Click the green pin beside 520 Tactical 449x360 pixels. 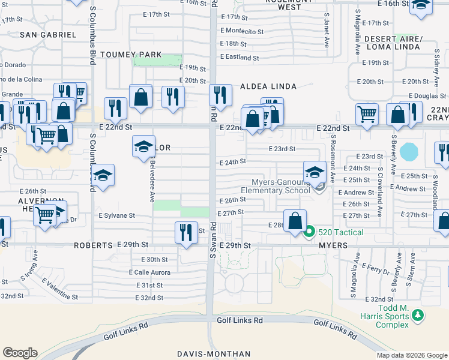pos(310,232)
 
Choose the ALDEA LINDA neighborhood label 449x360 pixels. pos(268,86)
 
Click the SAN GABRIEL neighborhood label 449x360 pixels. pos(48,35)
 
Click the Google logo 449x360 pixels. pos(20,353)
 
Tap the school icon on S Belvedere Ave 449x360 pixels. pos(143,146)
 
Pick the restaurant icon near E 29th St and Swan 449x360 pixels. pos(186,231)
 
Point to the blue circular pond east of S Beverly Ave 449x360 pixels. pos(408,151)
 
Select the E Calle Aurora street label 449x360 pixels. pos(149,272)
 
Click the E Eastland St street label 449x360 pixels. pos(240,58)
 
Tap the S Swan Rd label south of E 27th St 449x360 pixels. pos(212,240)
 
